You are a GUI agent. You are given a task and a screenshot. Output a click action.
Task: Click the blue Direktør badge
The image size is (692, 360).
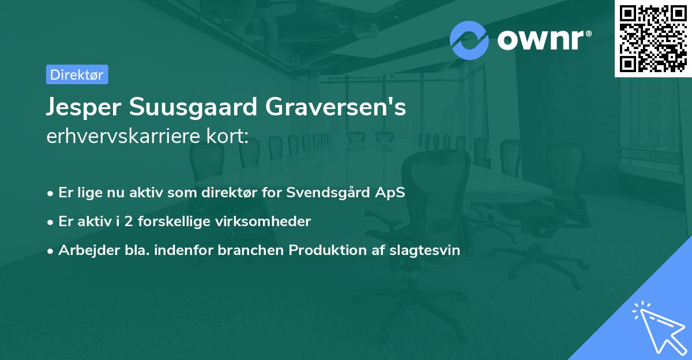[x=77, y=74]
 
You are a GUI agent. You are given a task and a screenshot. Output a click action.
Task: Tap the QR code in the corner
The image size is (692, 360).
[x=653, y=38]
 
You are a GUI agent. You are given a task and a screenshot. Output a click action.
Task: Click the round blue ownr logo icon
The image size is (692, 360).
[x=469, y=40]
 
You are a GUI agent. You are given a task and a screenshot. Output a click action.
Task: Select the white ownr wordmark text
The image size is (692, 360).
[x=543, y=40]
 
